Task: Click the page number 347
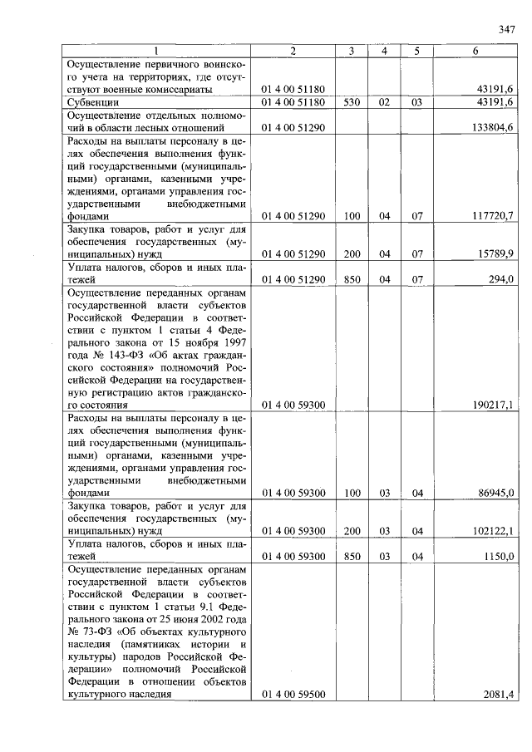[x=507, y=31]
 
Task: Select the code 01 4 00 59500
[x=293, y=695]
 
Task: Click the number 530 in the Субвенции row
[x=352, y=102]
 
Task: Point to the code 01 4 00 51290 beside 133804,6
[x=293, y=128]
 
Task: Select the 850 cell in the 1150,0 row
[x=352, y=556]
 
